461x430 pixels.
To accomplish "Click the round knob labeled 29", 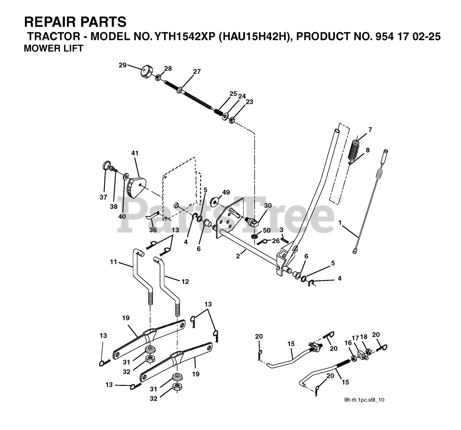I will [x=146, y=71].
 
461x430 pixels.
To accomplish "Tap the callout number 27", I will [x=196, y=72].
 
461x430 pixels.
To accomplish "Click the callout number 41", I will [x=135, y=153].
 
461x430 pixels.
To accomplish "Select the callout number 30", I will [x=268, y=205].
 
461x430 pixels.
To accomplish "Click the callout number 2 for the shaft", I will [x=238, y=257].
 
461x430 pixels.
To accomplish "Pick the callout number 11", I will [x=114, y=262].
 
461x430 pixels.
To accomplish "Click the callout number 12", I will [x=185, y=282].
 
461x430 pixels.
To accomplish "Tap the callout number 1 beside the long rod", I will [x=340, y=223].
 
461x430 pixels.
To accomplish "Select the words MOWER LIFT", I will [x=53, y=48].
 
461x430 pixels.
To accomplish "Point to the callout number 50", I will [x=267, y=230].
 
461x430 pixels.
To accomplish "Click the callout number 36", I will [x=153, y=230].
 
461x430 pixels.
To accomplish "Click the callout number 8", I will [x=367, y=150].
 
